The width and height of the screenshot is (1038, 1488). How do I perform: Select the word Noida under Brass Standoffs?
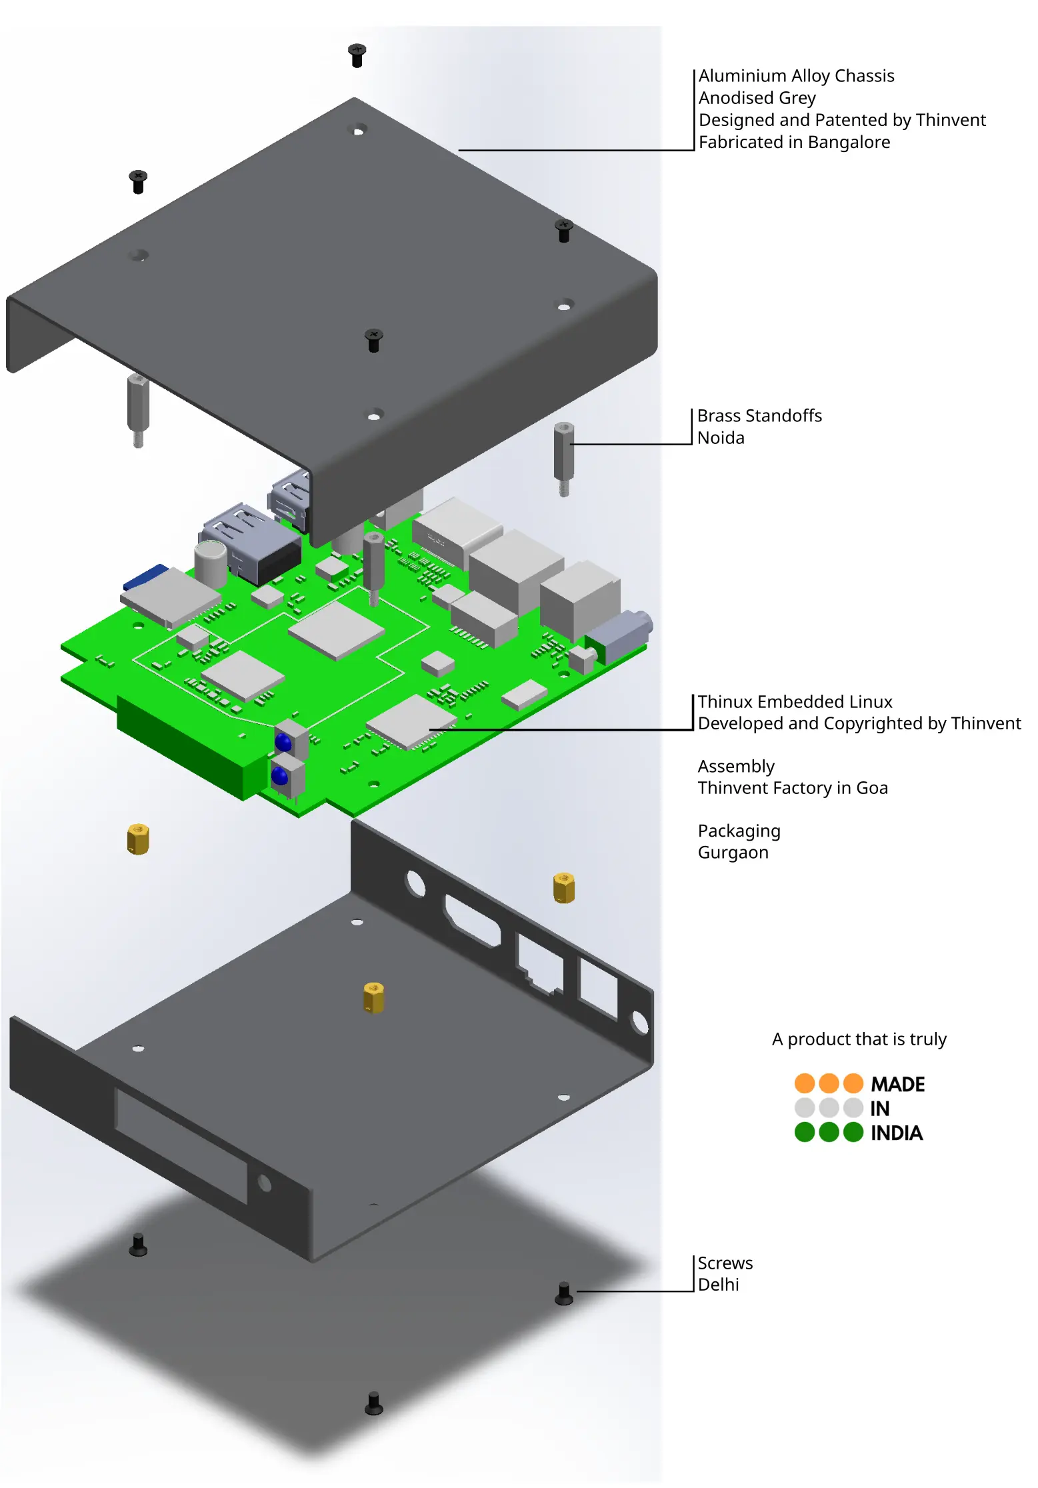(721, 438)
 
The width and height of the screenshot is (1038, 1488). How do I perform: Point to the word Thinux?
(725, 702)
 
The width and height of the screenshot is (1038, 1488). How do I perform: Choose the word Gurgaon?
(733, 853)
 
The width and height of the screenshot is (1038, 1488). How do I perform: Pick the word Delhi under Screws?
(718, 1285)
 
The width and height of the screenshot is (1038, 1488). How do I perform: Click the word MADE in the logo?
(897, 1085)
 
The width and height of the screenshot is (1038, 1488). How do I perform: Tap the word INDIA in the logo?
(896, 1133)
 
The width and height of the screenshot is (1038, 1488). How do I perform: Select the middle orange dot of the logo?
(829, 1083)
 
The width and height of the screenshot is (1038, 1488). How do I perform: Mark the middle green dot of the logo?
(829, 1132)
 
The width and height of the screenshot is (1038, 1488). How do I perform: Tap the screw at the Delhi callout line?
(564, 1293)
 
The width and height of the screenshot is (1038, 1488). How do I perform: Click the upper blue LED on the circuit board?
(283, 742)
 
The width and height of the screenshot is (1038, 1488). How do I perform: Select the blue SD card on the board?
(145, 577)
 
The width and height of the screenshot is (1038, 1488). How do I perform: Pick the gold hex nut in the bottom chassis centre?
(373, 997)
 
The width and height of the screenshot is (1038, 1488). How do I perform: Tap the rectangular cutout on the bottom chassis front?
(181, 1145)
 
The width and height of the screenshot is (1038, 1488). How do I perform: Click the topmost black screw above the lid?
(357, 55)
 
